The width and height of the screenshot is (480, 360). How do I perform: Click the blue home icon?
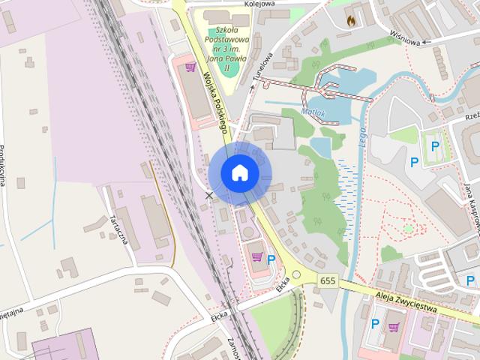(239, 172)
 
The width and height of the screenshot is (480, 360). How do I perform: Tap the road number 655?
(327, 280)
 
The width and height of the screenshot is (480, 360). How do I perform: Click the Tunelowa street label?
(261, 67)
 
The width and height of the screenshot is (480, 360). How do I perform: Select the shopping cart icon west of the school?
(191, 68)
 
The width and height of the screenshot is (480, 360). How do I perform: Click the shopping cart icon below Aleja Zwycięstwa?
(394, 327)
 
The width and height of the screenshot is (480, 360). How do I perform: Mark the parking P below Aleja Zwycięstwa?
(375, 324)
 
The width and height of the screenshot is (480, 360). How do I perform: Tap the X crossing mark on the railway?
(209, 196)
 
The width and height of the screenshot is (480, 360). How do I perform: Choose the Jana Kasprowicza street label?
(470, 202)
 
